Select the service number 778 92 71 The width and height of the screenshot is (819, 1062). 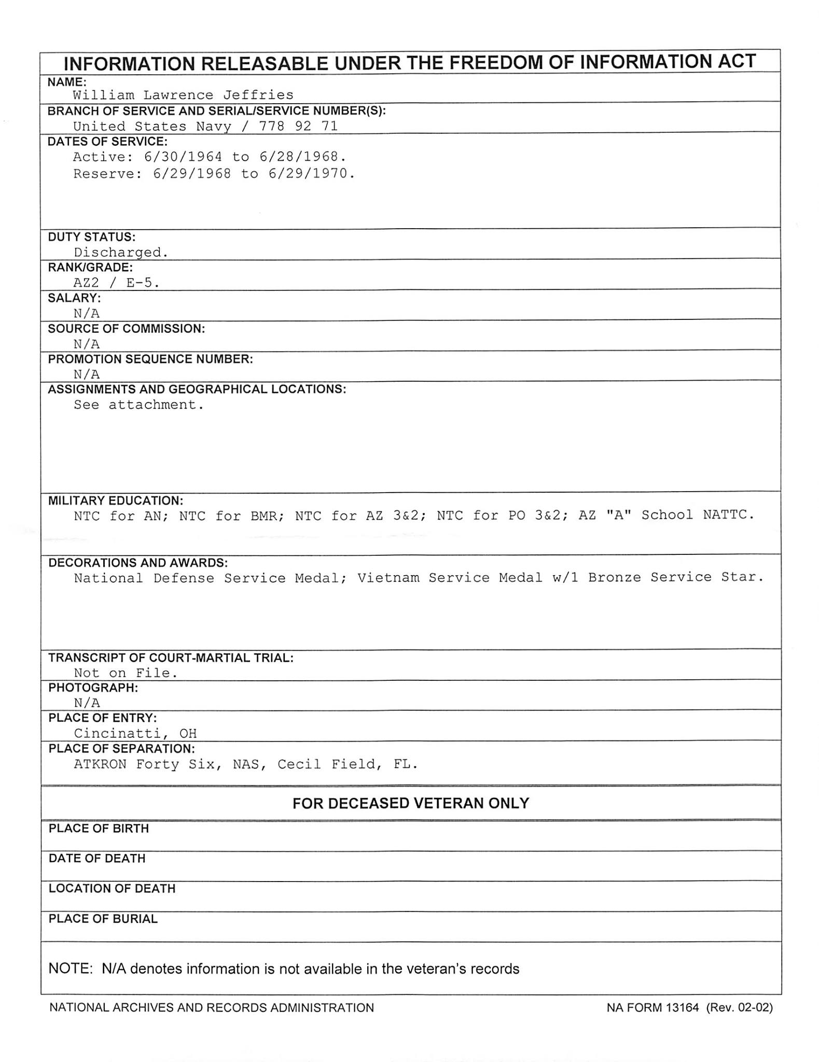point(298,126)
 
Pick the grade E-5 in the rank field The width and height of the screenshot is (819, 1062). point(141,283)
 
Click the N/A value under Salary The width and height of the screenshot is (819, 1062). point(87,313)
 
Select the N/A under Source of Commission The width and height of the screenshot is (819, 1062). point(87,344)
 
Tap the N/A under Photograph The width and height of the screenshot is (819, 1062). point(87,703)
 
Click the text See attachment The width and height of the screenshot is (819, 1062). point(138,405)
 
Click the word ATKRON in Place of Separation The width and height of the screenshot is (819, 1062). point(100,764)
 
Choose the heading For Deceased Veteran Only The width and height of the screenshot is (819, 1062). point(410,803)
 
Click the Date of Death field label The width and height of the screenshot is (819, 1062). point(97,859)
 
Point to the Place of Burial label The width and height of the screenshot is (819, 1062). point(103,919)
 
